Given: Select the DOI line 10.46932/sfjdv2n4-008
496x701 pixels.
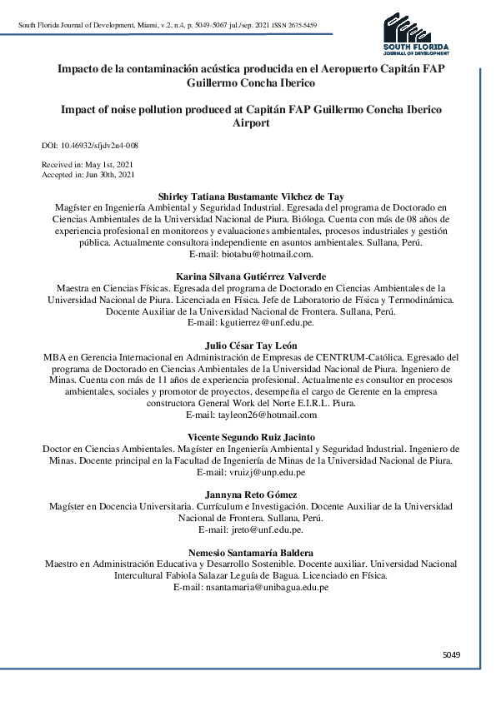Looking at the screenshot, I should pos(89,145).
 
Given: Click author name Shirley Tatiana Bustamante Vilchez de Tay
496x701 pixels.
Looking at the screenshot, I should pos(251,195).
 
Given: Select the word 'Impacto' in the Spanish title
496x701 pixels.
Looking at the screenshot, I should pos(79,68).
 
